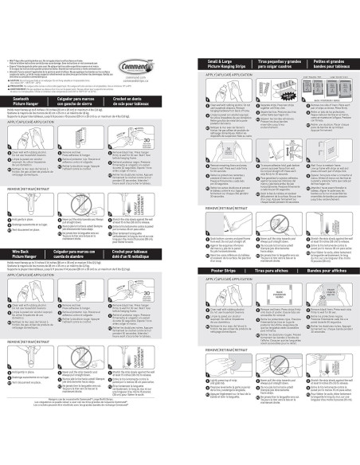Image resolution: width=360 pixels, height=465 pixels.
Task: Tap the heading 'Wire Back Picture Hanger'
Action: coord(27,252)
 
